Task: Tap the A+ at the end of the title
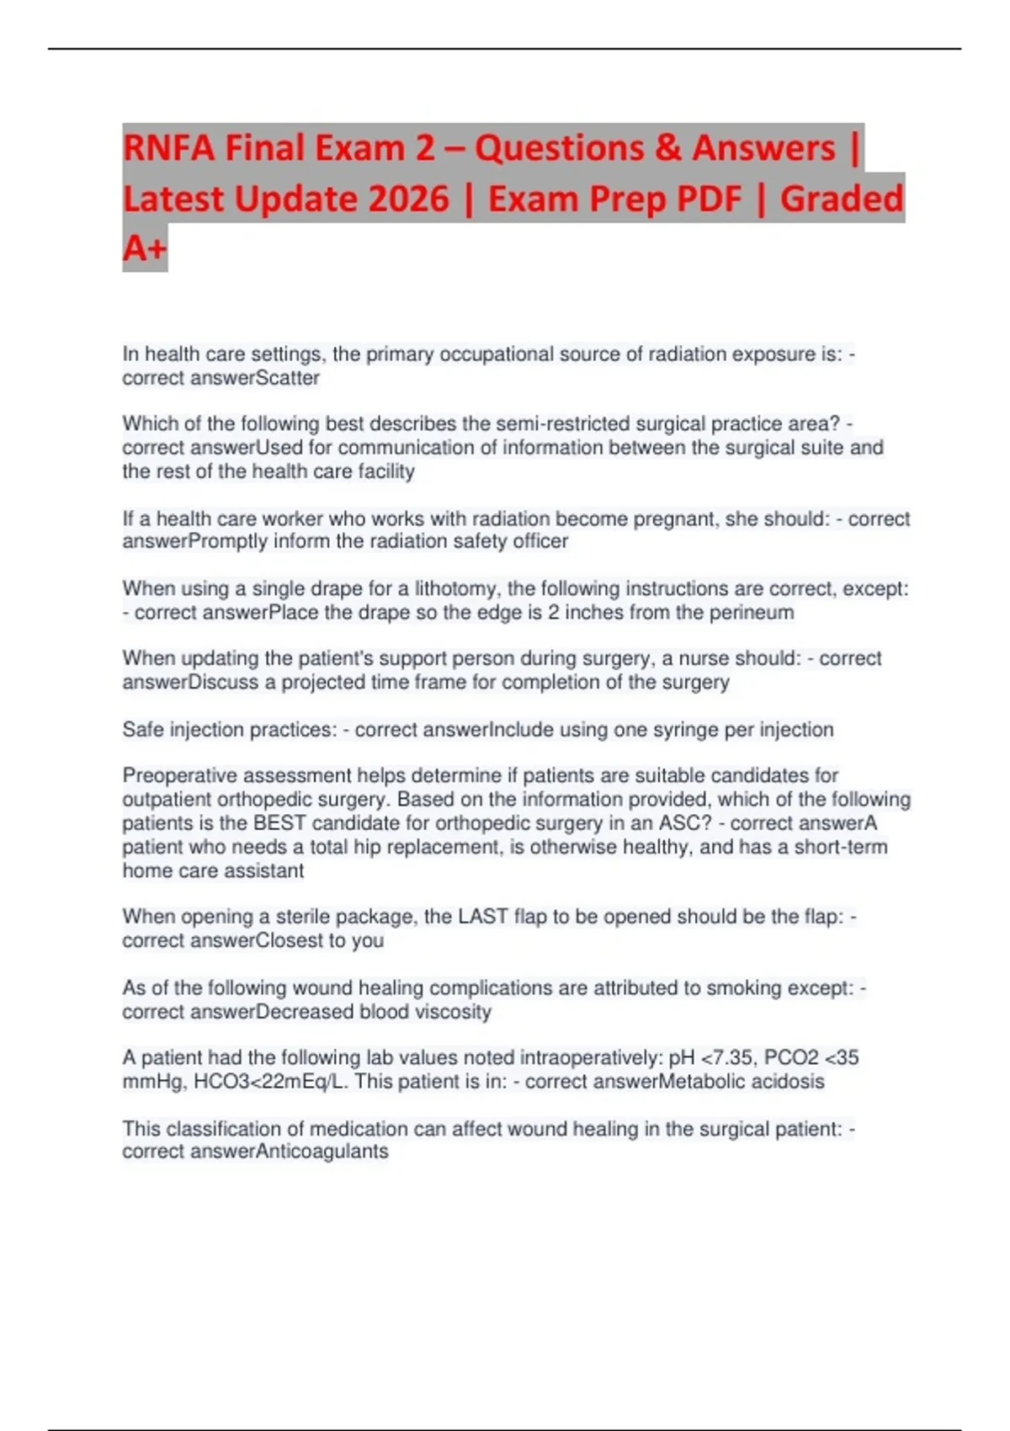[144, 248]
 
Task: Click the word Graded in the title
[841, 199]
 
